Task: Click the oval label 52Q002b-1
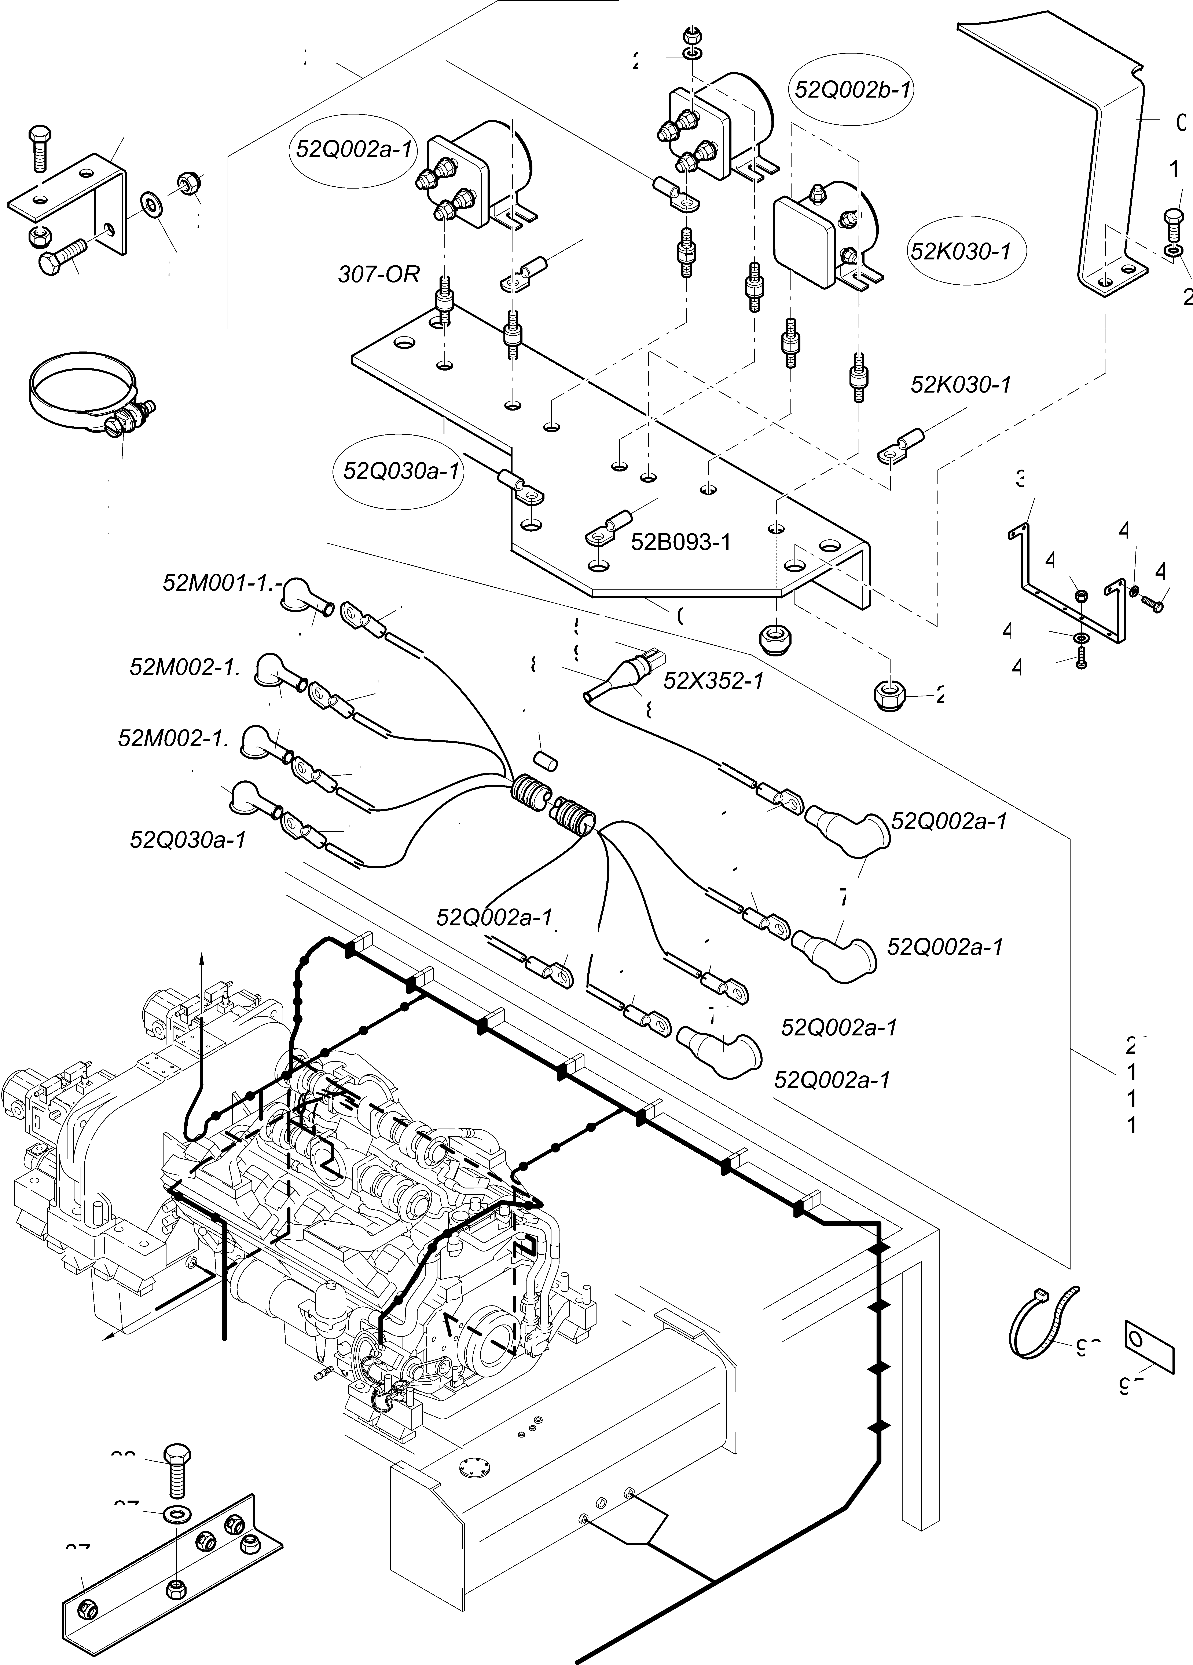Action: coord(853,90)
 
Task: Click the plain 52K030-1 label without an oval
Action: coord(960,385)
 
